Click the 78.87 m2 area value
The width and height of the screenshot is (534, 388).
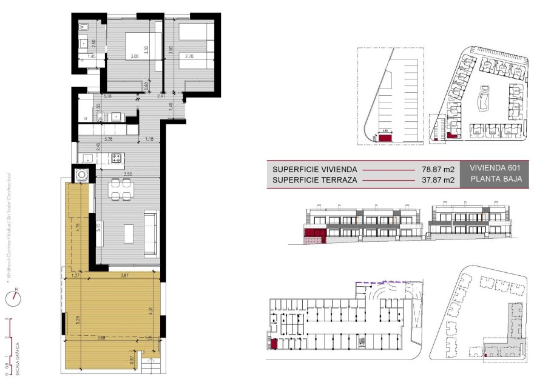(x=438, y=170)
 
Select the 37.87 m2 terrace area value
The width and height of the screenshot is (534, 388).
(x=438, y=180)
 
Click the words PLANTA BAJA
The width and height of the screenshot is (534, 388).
(x=492, y=180)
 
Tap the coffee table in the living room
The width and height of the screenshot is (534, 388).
(x=128, y=233)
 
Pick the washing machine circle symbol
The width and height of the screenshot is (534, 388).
(x=82, y=175)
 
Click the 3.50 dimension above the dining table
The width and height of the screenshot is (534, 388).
(x=127, y=174)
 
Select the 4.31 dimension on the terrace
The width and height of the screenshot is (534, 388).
(x=150, y=310)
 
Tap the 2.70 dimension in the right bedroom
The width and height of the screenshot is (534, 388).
(x=189, y=56)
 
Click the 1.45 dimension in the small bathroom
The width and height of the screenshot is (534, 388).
(x=92, y=56)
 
